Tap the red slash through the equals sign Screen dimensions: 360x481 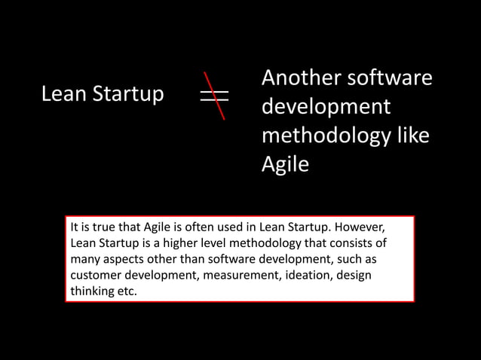click(x=215, y=96)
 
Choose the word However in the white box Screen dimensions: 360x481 click(x=360, y=227)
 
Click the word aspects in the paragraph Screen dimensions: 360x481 click(x=125, y=259)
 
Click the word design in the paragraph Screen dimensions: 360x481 click(x=354, y=275)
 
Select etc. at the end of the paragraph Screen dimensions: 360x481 click(x=127, y=291)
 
